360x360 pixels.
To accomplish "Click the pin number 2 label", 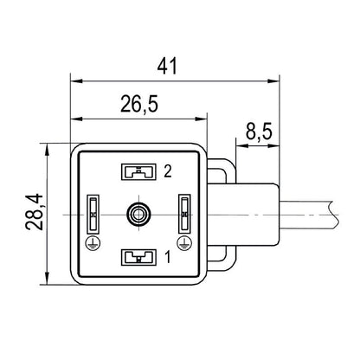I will (x=168, y=171).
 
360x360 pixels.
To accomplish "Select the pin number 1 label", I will (x=167, y=256).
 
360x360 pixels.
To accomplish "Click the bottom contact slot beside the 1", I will (x=137, y=256).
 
